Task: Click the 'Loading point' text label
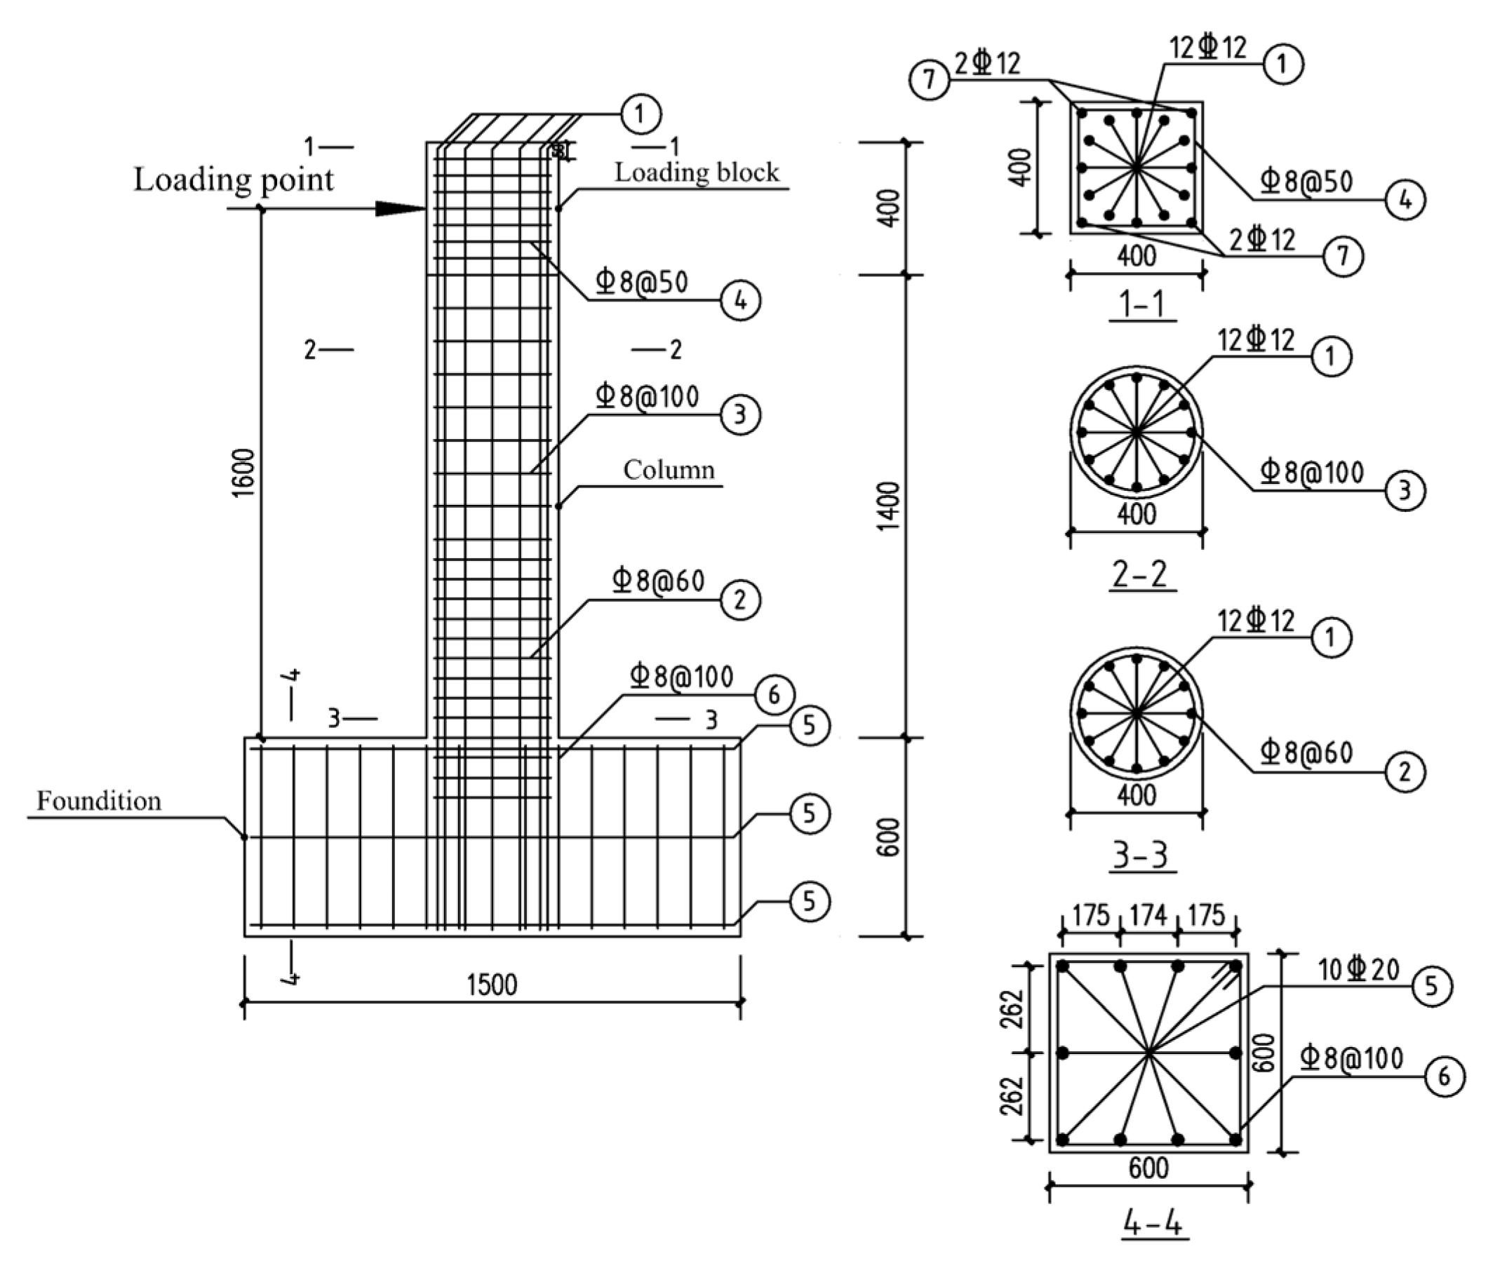tap(234, 180)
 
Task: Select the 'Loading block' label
tap(696, 173)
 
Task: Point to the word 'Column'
tap(669, 471)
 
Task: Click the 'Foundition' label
tap(99, 801)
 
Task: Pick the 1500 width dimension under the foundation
tap(492, 985)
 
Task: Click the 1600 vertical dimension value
tap(244, 472)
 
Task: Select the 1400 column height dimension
tap(889, 506)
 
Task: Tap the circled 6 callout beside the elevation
tap(773, 694)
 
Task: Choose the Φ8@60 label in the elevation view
tap(659, 580)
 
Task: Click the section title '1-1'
tap(1142, 304)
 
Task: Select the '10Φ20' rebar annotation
tap(1359, 970)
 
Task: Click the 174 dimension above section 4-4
tap(1148, 915)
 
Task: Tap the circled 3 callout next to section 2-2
tap(1405, 490)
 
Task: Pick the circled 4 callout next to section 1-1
tap(1405, 200)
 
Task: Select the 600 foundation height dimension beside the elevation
tap(889, 837)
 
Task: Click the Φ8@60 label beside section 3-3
tap(1307, 752)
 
